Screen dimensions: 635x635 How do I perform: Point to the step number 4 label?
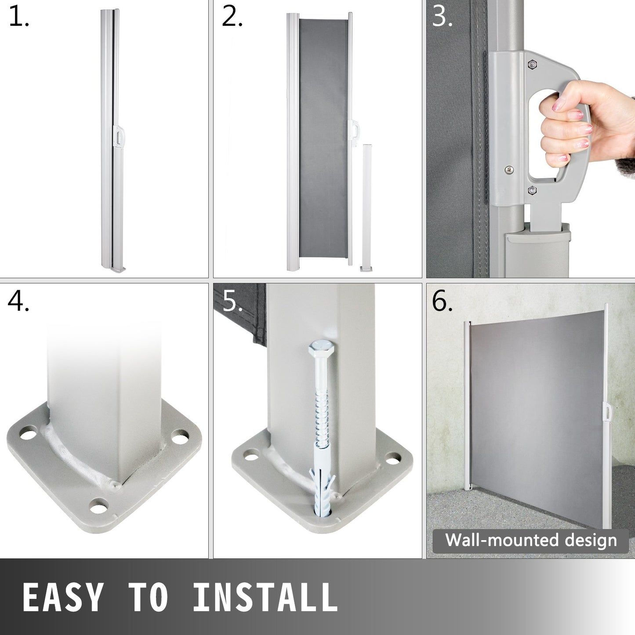(18, 301)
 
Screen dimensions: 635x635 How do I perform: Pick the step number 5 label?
(232, 301)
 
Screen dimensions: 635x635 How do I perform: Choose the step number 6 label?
(442, 301)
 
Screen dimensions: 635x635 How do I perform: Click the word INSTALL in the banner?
(265, 597)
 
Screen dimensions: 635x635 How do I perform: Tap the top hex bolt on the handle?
(532, 64)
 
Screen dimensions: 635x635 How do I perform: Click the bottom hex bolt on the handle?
(532, 190)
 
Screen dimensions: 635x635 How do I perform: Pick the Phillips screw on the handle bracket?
(509, 170)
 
